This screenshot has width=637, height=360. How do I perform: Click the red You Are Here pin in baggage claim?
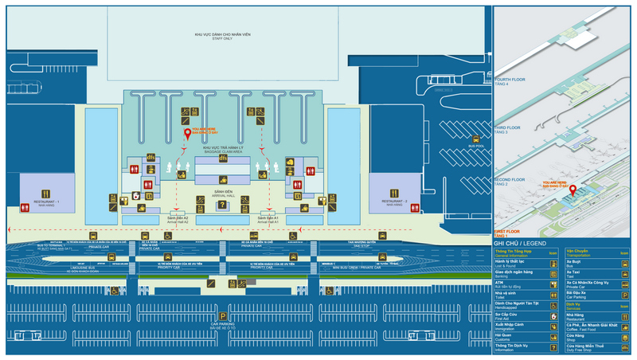(188, 134)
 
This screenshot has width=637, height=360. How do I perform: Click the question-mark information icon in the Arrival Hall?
(223, 205)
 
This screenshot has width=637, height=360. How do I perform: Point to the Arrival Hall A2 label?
(178, 219)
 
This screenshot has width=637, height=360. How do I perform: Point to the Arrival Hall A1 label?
(269, 219)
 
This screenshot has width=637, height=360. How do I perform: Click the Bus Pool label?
(476, 147)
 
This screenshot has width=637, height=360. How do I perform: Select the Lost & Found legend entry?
(510, 261)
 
